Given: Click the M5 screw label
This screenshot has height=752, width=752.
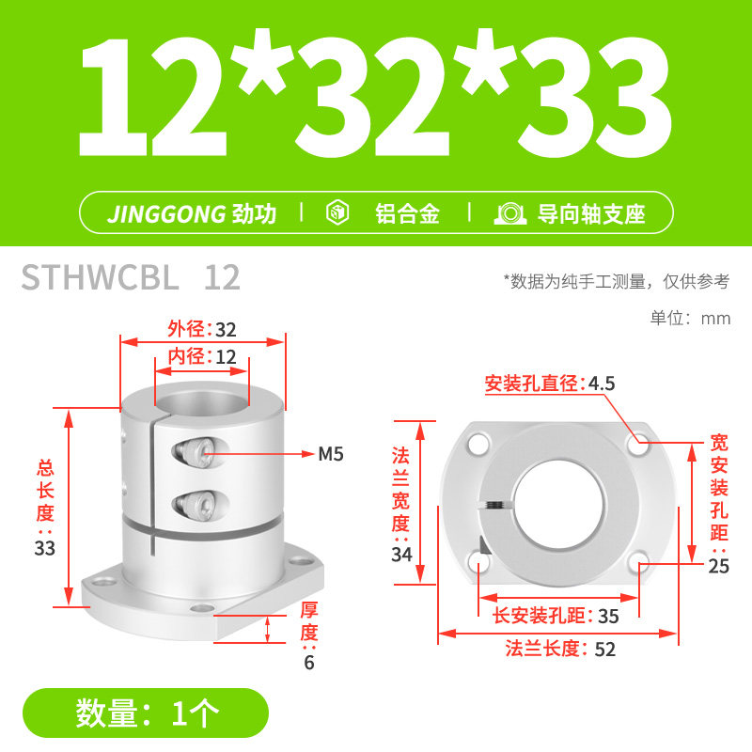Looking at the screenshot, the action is point(331,454).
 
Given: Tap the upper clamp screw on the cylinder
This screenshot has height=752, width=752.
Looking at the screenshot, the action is point(196,452).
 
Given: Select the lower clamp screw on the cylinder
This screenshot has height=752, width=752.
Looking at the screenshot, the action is point(196,504).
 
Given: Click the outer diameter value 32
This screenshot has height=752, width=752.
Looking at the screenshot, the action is point(226,330).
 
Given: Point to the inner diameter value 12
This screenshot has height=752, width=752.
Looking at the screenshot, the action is point(226,357).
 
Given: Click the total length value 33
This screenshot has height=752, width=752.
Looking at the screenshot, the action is point(44,548).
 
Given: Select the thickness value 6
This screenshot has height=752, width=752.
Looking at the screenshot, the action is point(309,663).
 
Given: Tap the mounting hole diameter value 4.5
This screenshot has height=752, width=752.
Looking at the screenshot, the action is point(602,384).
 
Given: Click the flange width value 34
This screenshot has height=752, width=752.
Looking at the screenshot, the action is point(401,555).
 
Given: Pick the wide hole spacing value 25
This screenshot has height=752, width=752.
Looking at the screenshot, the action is point(718,567).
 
